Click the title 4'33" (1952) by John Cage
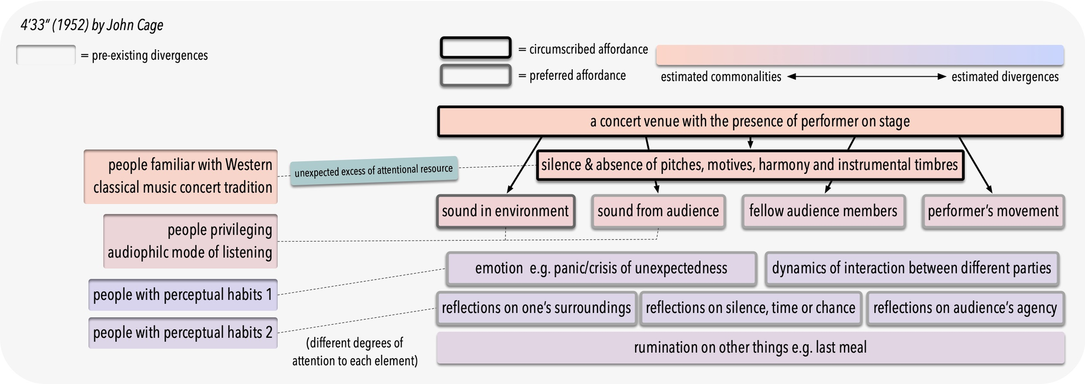click(x=92, y=25)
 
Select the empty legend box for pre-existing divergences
click(x=46, y=55)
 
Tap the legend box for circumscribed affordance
click(x=475, y=48)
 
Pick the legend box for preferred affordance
click(x=475, y=75)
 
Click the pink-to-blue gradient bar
click(x=859, y=56)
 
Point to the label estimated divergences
click(x=1004, y=77)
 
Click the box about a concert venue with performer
click(x=750, y=121)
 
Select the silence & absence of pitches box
click(x=750, y=165)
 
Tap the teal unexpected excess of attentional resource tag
click(x=373, y=171)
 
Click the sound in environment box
click(x=505, y=211)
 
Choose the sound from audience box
click(x=658, y=211)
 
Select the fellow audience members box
click(x=823, y=211)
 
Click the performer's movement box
click(x=992, y=211)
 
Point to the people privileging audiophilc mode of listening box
click(x=190, y=241)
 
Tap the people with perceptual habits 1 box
click(x=183, y=294)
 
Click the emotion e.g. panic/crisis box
click(x=601, y=269)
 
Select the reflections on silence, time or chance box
click(x=750, y=308)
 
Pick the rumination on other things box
click(x=750, y=347)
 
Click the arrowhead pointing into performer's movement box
click(x=989, y=190)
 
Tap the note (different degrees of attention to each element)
click(x=354, y=352)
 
